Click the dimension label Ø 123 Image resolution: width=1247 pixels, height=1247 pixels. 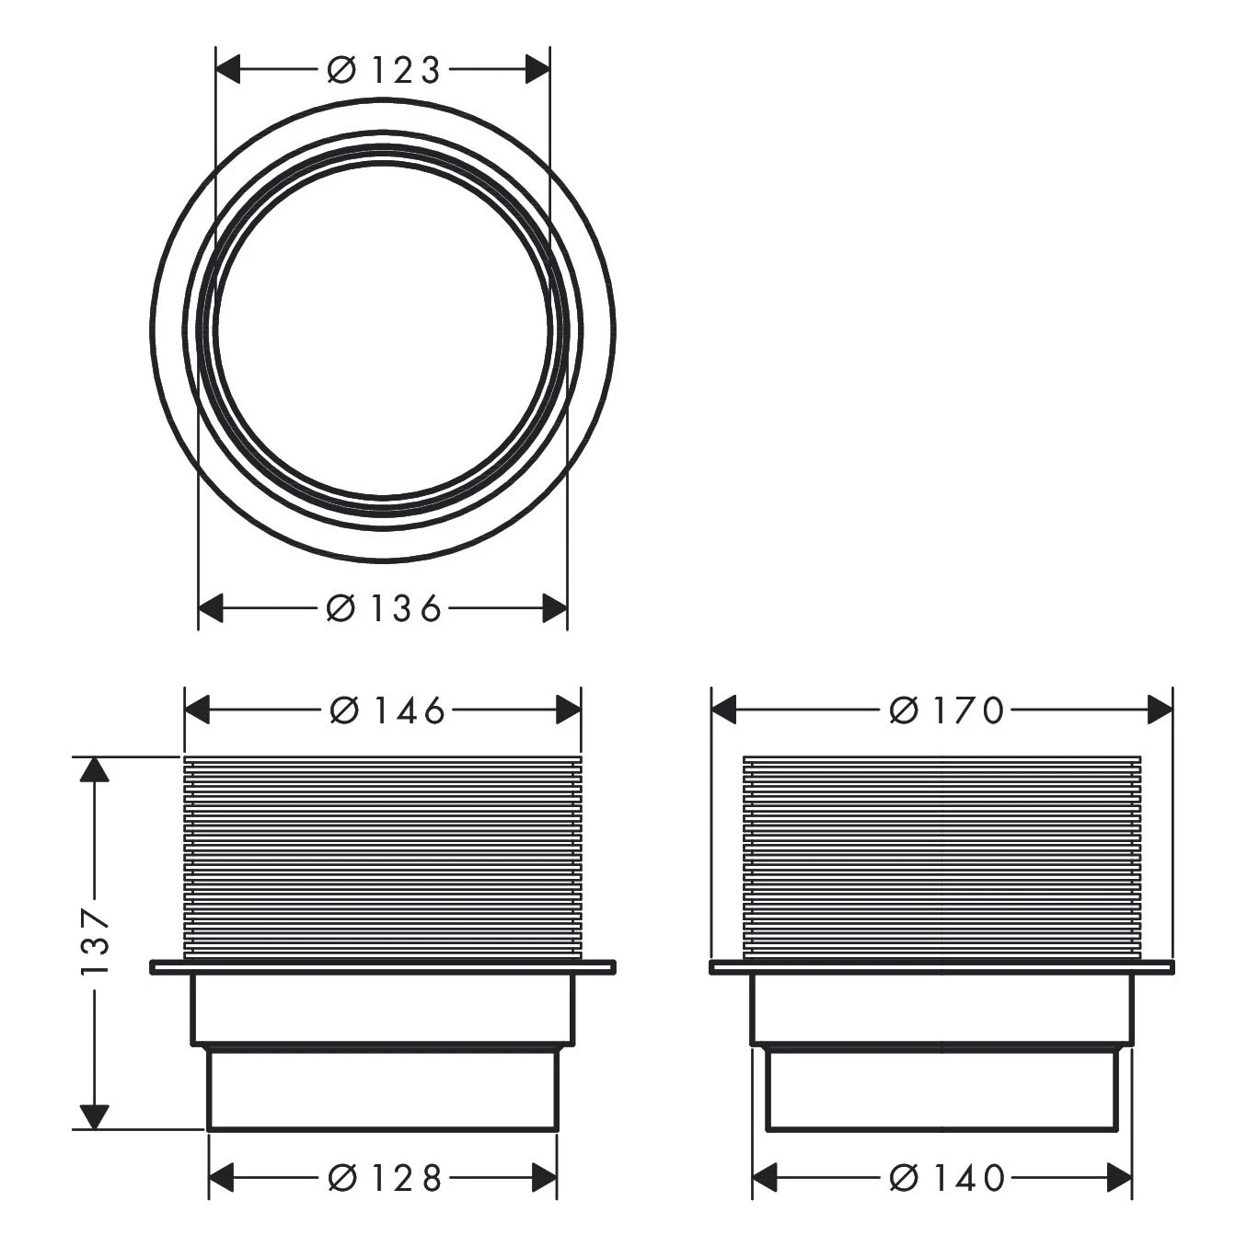384,70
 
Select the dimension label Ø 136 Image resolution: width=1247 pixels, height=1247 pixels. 384,608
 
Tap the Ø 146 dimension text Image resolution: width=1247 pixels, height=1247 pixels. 387,710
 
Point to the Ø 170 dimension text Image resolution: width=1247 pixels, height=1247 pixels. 947,710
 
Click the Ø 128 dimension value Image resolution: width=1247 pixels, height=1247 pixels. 386,1178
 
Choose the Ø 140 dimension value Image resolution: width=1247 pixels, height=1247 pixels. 947,1178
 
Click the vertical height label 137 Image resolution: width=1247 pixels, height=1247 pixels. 95,942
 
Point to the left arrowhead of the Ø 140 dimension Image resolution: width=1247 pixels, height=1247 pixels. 767,1178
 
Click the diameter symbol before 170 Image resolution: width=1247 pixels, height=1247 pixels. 904,710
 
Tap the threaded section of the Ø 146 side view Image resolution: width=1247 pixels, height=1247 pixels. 383,856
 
